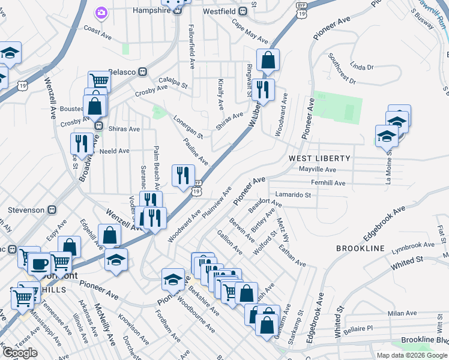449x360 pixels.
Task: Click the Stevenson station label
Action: tap(26, 210)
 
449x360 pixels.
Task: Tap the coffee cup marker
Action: tap(40, 263)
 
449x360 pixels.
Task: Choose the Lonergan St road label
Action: tap(188, 126)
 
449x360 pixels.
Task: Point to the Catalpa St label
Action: tap(173, 82)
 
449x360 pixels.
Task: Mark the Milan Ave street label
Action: tap(402, 313)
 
